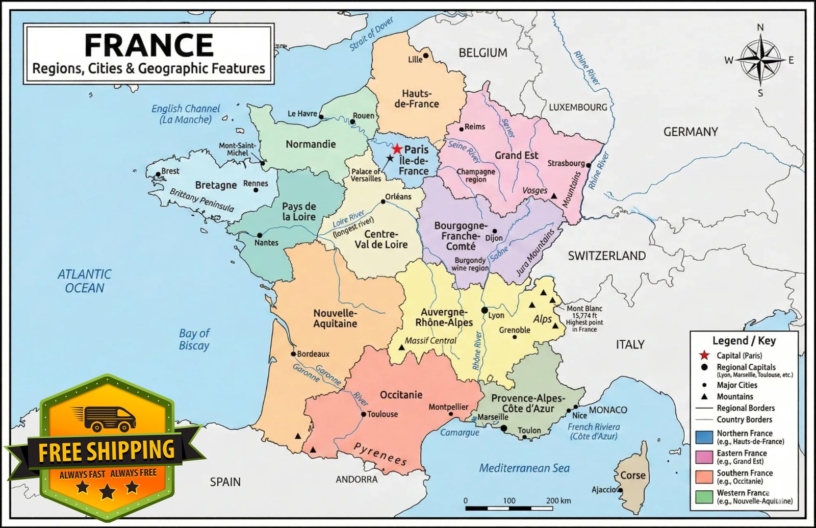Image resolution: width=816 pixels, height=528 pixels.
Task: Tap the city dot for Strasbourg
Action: click(588, 165)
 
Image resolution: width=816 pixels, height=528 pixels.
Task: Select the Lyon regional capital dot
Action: click(484, 310)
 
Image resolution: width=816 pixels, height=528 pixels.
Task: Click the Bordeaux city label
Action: click(313, 354)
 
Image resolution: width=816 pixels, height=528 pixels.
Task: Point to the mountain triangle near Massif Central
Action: click(401, 347)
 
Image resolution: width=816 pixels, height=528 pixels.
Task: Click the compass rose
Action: click(760, 60)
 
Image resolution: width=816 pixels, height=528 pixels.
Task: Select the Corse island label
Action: click(632, 475)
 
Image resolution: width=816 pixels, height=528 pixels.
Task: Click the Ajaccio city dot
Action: click(620, 490)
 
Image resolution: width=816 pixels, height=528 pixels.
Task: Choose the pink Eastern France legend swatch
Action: click(704, 457)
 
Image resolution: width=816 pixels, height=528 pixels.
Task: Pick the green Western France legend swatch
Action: click(704, 496)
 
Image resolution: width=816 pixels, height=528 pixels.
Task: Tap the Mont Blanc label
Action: click(584, 308)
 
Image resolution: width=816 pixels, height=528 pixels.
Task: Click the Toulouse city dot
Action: click(363, 414)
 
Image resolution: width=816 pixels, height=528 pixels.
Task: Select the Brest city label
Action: click(170, 171)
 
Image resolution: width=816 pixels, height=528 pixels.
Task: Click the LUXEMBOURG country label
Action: click(578, 107)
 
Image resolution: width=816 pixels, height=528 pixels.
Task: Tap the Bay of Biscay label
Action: click(194, 339)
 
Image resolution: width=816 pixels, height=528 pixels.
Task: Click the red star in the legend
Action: click(705, 355)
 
